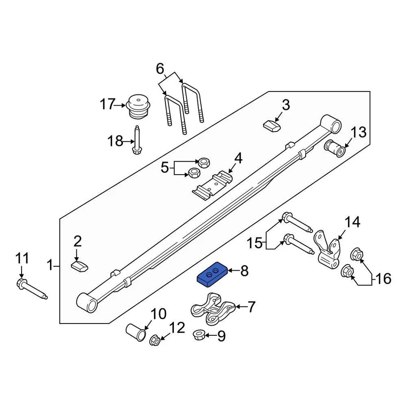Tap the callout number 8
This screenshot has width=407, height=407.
point(244,271)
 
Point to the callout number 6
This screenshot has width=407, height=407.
point(160,68)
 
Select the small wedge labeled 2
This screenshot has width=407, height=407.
point(79,267)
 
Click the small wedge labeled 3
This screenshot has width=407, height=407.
point(272,126)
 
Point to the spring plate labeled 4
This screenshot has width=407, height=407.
point(212,185)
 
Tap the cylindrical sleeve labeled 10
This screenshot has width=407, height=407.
point(136,332)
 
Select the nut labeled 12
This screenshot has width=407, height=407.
point(155,339)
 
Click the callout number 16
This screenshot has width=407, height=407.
point(383,279)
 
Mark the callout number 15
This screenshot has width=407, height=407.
point(255,243)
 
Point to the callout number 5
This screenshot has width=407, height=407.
point(164,168)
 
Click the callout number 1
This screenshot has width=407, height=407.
point(50,266)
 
